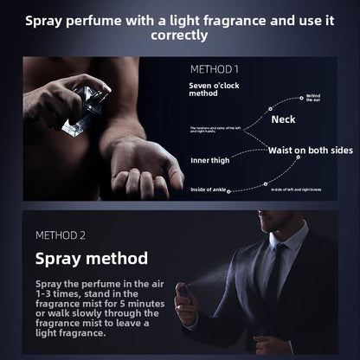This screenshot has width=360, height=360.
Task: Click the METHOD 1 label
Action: coord(215,67)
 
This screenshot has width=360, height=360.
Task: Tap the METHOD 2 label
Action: coord(61,235)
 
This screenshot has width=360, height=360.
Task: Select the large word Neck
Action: coord(284,119)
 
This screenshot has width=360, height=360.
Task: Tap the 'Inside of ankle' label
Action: coord(210,188)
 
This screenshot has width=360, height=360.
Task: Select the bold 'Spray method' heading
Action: coord(91,258)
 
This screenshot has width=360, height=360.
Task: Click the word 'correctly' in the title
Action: coord(179,35)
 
